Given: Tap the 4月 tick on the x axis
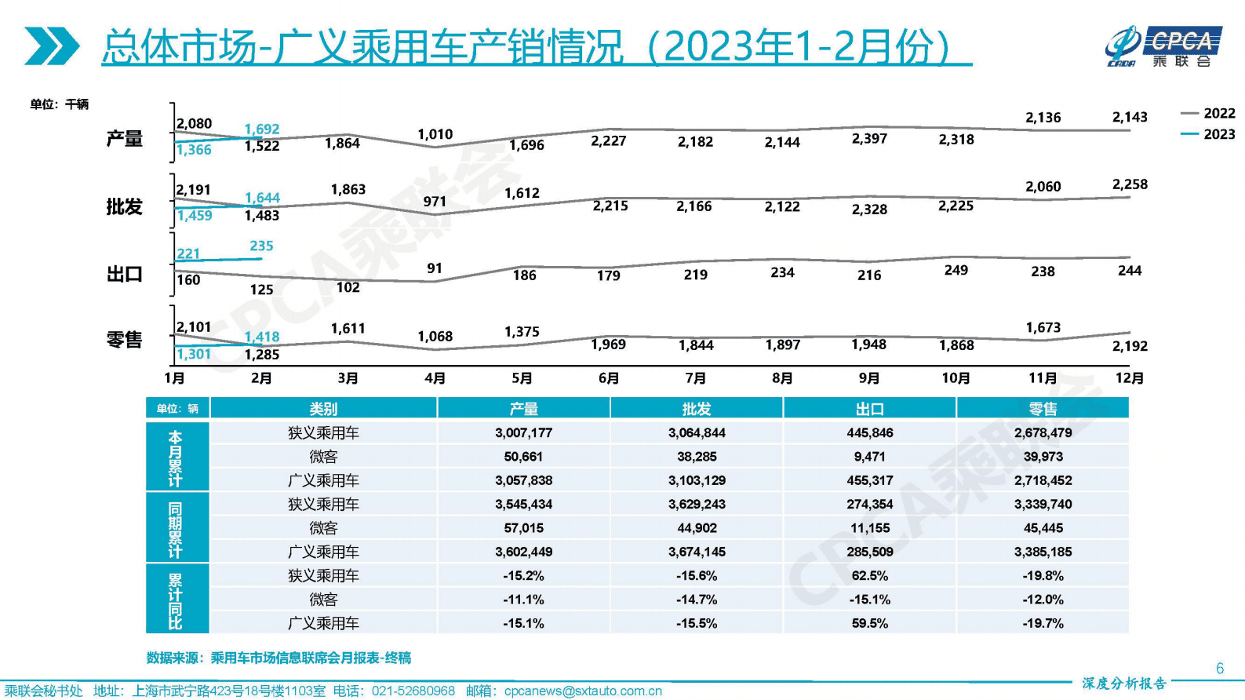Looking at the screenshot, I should click(435, 378).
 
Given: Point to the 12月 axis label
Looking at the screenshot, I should click(1129, 378).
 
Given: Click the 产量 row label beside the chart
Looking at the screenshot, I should click(124, 140).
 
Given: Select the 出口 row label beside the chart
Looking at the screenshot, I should click(124, 275).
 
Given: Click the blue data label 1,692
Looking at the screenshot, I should click(262, 129).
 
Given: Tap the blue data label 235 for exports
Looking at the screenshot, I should click(261, 246).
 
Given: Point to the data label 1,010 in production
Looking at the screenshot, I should click(435, 135).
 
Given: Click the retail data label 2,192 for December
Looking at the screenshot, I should click(1129, 346).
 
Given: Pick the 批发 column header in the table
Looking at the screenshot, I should click(696, 409).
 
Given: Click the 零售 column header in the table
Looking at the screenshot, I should click(1043, 409).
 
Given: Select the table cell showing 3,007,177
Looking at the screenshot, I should click(523, 433).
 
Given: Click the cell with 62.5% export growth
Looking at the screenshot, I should click(869, 576).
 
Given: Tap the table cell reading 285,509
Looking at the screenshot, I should click(869, 552).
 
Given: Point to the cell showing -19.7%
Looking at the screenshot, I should click(1043, 624).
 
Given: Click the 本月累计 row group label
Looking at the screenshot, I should click(176, 458).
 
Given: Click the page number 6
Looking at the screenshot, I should click(1219, 669).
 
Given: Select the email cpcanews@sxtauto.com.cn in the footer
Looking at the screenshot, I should click(582, 691).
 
